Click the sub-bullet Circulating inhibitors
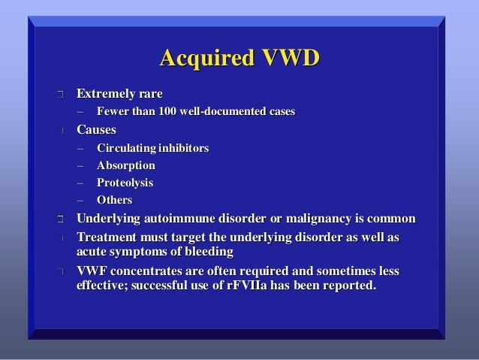[x=152, y=148]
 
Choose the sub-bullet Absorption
[x=125, y=165]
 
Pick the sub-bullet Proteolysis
[x=125, y=183]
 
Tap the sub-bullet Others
[x=114, y=200]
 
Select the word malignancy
[x=311, y=219]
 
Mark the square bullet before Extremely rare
[x=59, y=95]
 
